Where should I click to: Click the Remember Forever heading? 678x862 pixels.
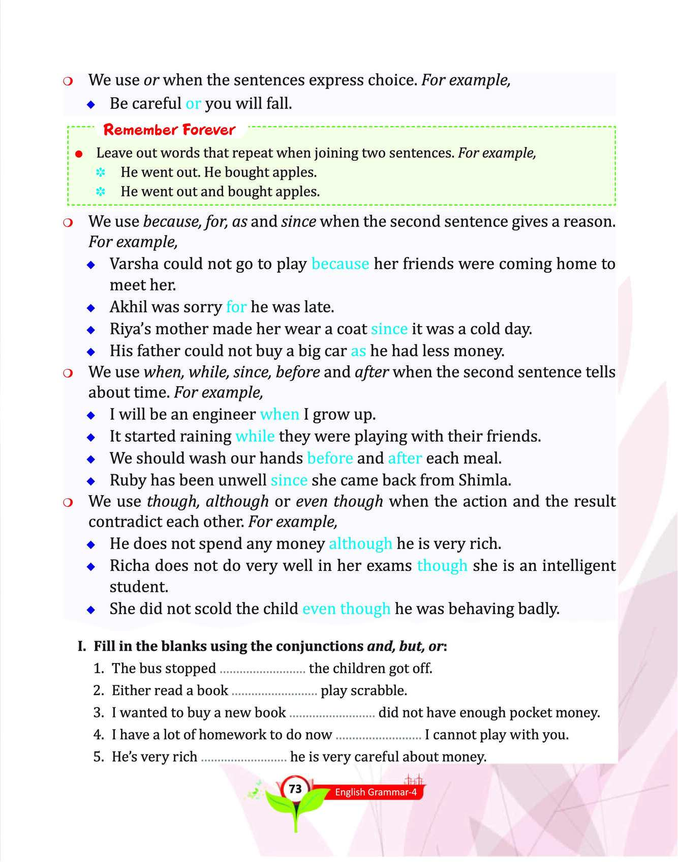pos(169,130)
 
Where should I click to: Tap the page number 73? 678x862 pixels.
pos(295,789)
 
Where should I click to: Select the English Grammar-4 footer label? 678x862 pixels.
pos(376,792)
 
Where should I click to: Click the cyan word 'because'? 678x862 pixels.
pos(340,264)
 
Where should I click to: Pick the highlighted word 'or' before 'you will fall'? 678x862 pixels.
pos(193,103)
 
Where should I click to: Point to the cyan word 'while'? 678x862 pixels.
pos(255,436)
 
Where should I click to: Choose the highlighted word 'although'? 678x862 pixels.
pos(360,543)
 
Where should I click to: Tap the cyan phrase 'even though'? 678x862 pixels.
pos(346,609)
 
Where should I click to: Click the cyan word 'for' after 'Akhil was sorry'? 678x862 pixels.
pos(236,307)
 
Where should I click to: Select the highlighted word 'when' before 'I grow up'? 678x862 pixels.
pos(280,414)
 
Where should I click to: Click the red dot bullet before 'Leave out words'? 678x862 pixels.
pos(78,154)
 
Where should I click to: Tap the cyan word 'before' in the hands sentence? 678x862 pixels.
pos(330,458)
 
